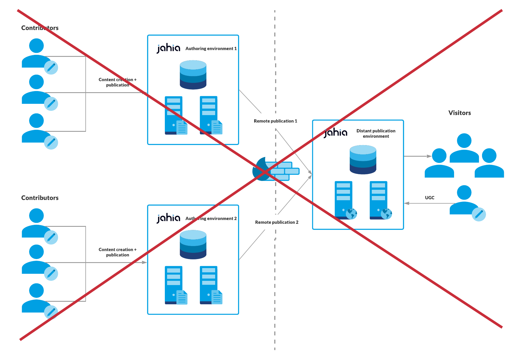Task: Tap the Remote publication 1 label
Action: coord(275,121)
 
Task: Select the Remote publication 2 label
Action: coord(277,222)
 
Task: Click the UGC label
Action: coord(429,198)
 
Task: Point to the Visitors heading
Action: coord(459,113)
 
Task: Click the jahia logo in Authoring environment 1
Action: coord(169,48)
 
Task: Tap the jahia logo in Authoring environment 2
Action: coord(169,218)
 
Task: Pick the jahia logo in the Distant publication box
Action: coord(336,133)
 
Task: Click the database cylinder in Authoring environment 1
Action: coord(193,75)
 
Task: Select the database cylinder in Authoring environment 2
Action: coord(193,244)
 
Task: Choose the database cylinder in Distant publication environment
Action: coord(363,159)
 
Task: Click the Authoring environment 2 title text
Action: coord(211,219)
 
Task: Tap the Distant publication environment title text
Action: coord(376,133)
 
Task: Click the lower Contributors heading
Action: coord(40,198)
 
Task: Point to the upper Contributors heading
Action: coord(40,28)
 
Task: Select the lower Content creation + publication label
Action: coord(118,252)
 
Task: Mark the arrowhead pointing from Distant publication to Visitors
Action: coord(429,156)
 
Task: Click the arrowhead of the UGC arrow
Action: coord(407,203)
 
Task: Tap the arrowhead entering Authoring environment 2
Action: coord(144,262)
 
